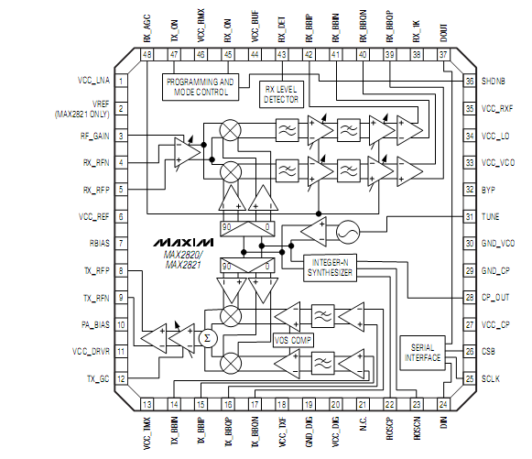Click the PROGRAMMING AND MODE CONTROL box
pyautogui.click(x=201, y=87)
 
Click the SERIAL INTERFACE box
pyautogui.click(x=422, y=351)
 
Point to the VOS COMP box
pyautogui.click(x=292, y=340)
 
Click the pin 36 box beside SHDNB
pyautogui.click(x=469, y=82)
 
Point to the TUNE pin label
pyautogui.click(x=491, y=217)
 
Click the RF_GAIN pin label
pyautogui.click(x=95, y=136)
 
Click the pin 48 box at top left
pyautogui.click(x=147, y=56)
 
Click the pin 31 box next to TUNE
pyautogui.click(x=469, y=217)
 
